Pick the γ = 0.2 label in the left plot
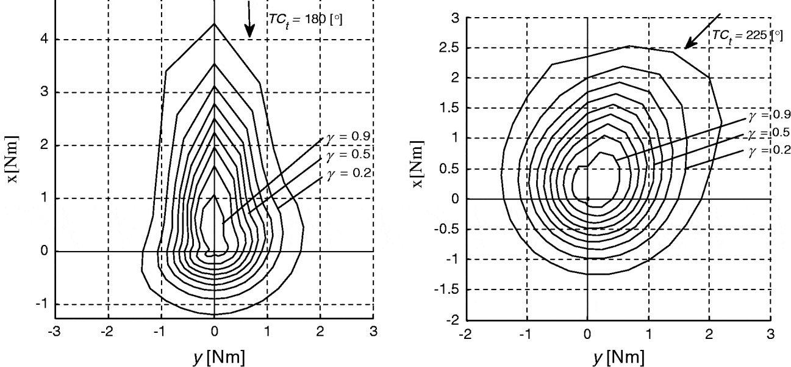pyautogui.click(x=346, y=173)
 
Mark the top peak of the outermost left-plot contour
pyautogui.click(x=214, y=24)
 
